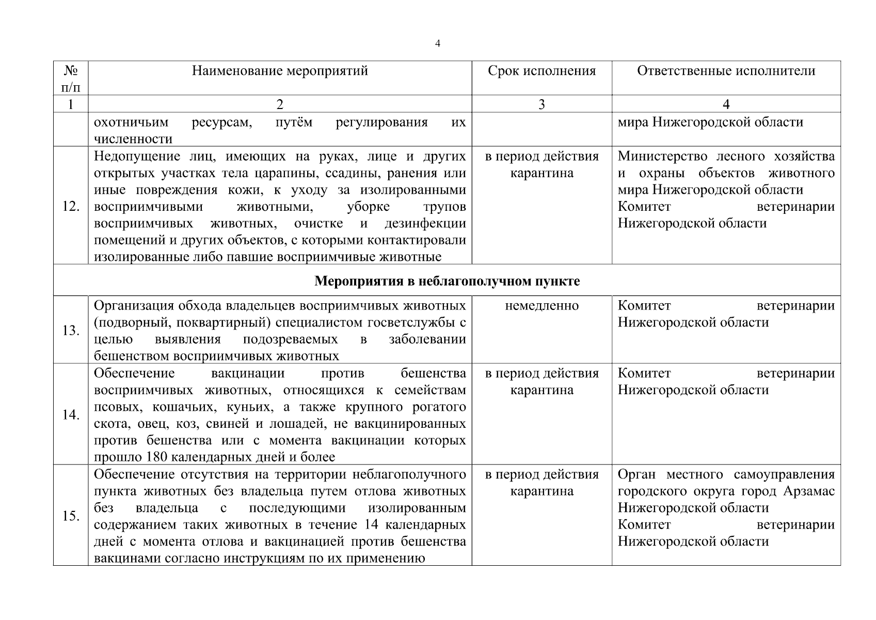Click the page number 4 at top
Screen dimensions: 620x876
pyautogui.click(x=437, y=44)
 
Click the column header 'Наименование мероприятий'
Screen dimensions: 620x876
pyautogui.click(x=280, y=71)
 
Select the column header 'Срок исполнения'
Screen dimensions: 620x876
pyautogui.click(x=541, y=71)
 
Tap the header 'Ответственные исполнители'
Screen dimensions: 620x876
pyautogui.click(x=726, y=71)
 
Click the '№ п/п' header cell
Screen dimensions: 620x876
pyautogui.click(x=71, y=78)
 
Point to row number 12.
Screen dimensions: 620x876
pyautogui.click(x=71, y=207)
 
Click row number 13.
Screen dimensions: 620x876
pyautogui.click(x=71, y=330)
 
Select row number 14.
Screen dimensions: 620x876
pyautogui.click(x=71, y=414)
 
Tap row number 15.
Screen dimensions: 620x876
pyautogui.click(x=71, y=516)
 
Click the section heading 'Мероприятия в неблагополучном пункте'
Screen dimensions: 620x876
pyautogui.click(x=447, y=281)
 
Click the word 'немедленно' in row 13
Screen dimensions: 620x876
pyautogui.click(x=541, y=306)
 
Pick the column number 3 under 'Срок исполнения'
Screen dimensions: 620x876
pyautogui.click(x=541, y=104)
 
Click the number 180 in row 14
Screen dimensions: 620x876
pyautogui.click(x=157, y=457)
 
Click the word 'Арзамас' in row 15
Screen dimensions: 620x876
pyautogui.click(x=808, y=491)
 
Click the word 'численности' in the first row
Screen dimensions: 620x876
pyautogui.click(x=133, y=139)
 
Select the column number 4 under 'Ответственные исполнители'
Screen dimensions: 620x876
pyautogui.click(x=726, y=104)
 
